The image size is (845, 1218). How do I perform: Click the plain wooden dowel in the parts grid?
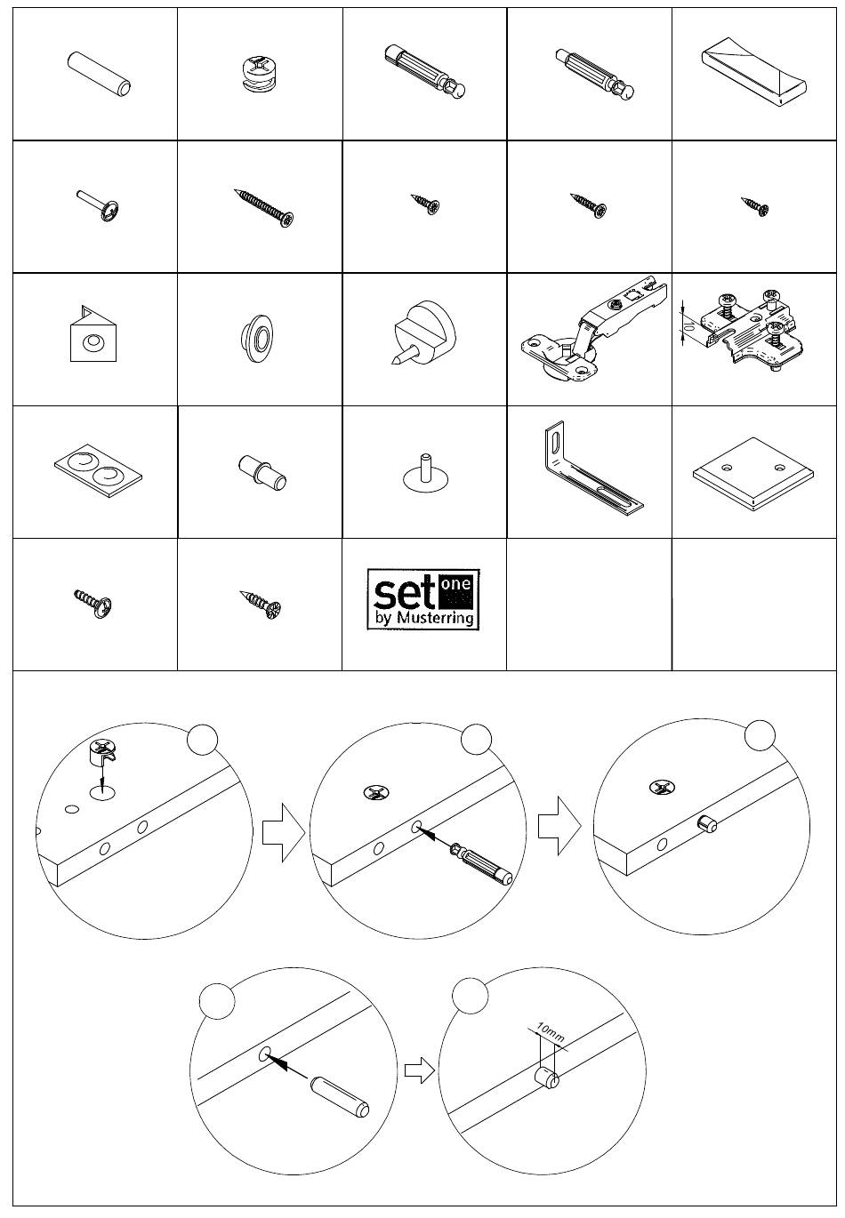[99, 75]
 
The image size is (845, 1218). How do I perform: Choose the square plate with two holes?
[753, 474]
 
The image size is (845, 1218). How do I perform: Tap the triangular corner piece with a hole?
[93, 334]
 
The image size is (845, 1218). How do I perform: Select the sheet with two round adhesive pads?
[98, 467]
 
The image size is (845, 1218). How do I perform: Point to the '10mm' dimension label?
[550, 1030]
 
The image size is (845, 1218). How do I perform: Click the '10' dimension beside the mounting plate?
[688, 327]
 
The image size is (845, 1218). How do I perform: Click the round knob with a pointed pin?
[424, 332]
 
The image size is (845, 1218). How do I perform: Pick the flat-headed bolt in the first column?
[98, 206]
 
